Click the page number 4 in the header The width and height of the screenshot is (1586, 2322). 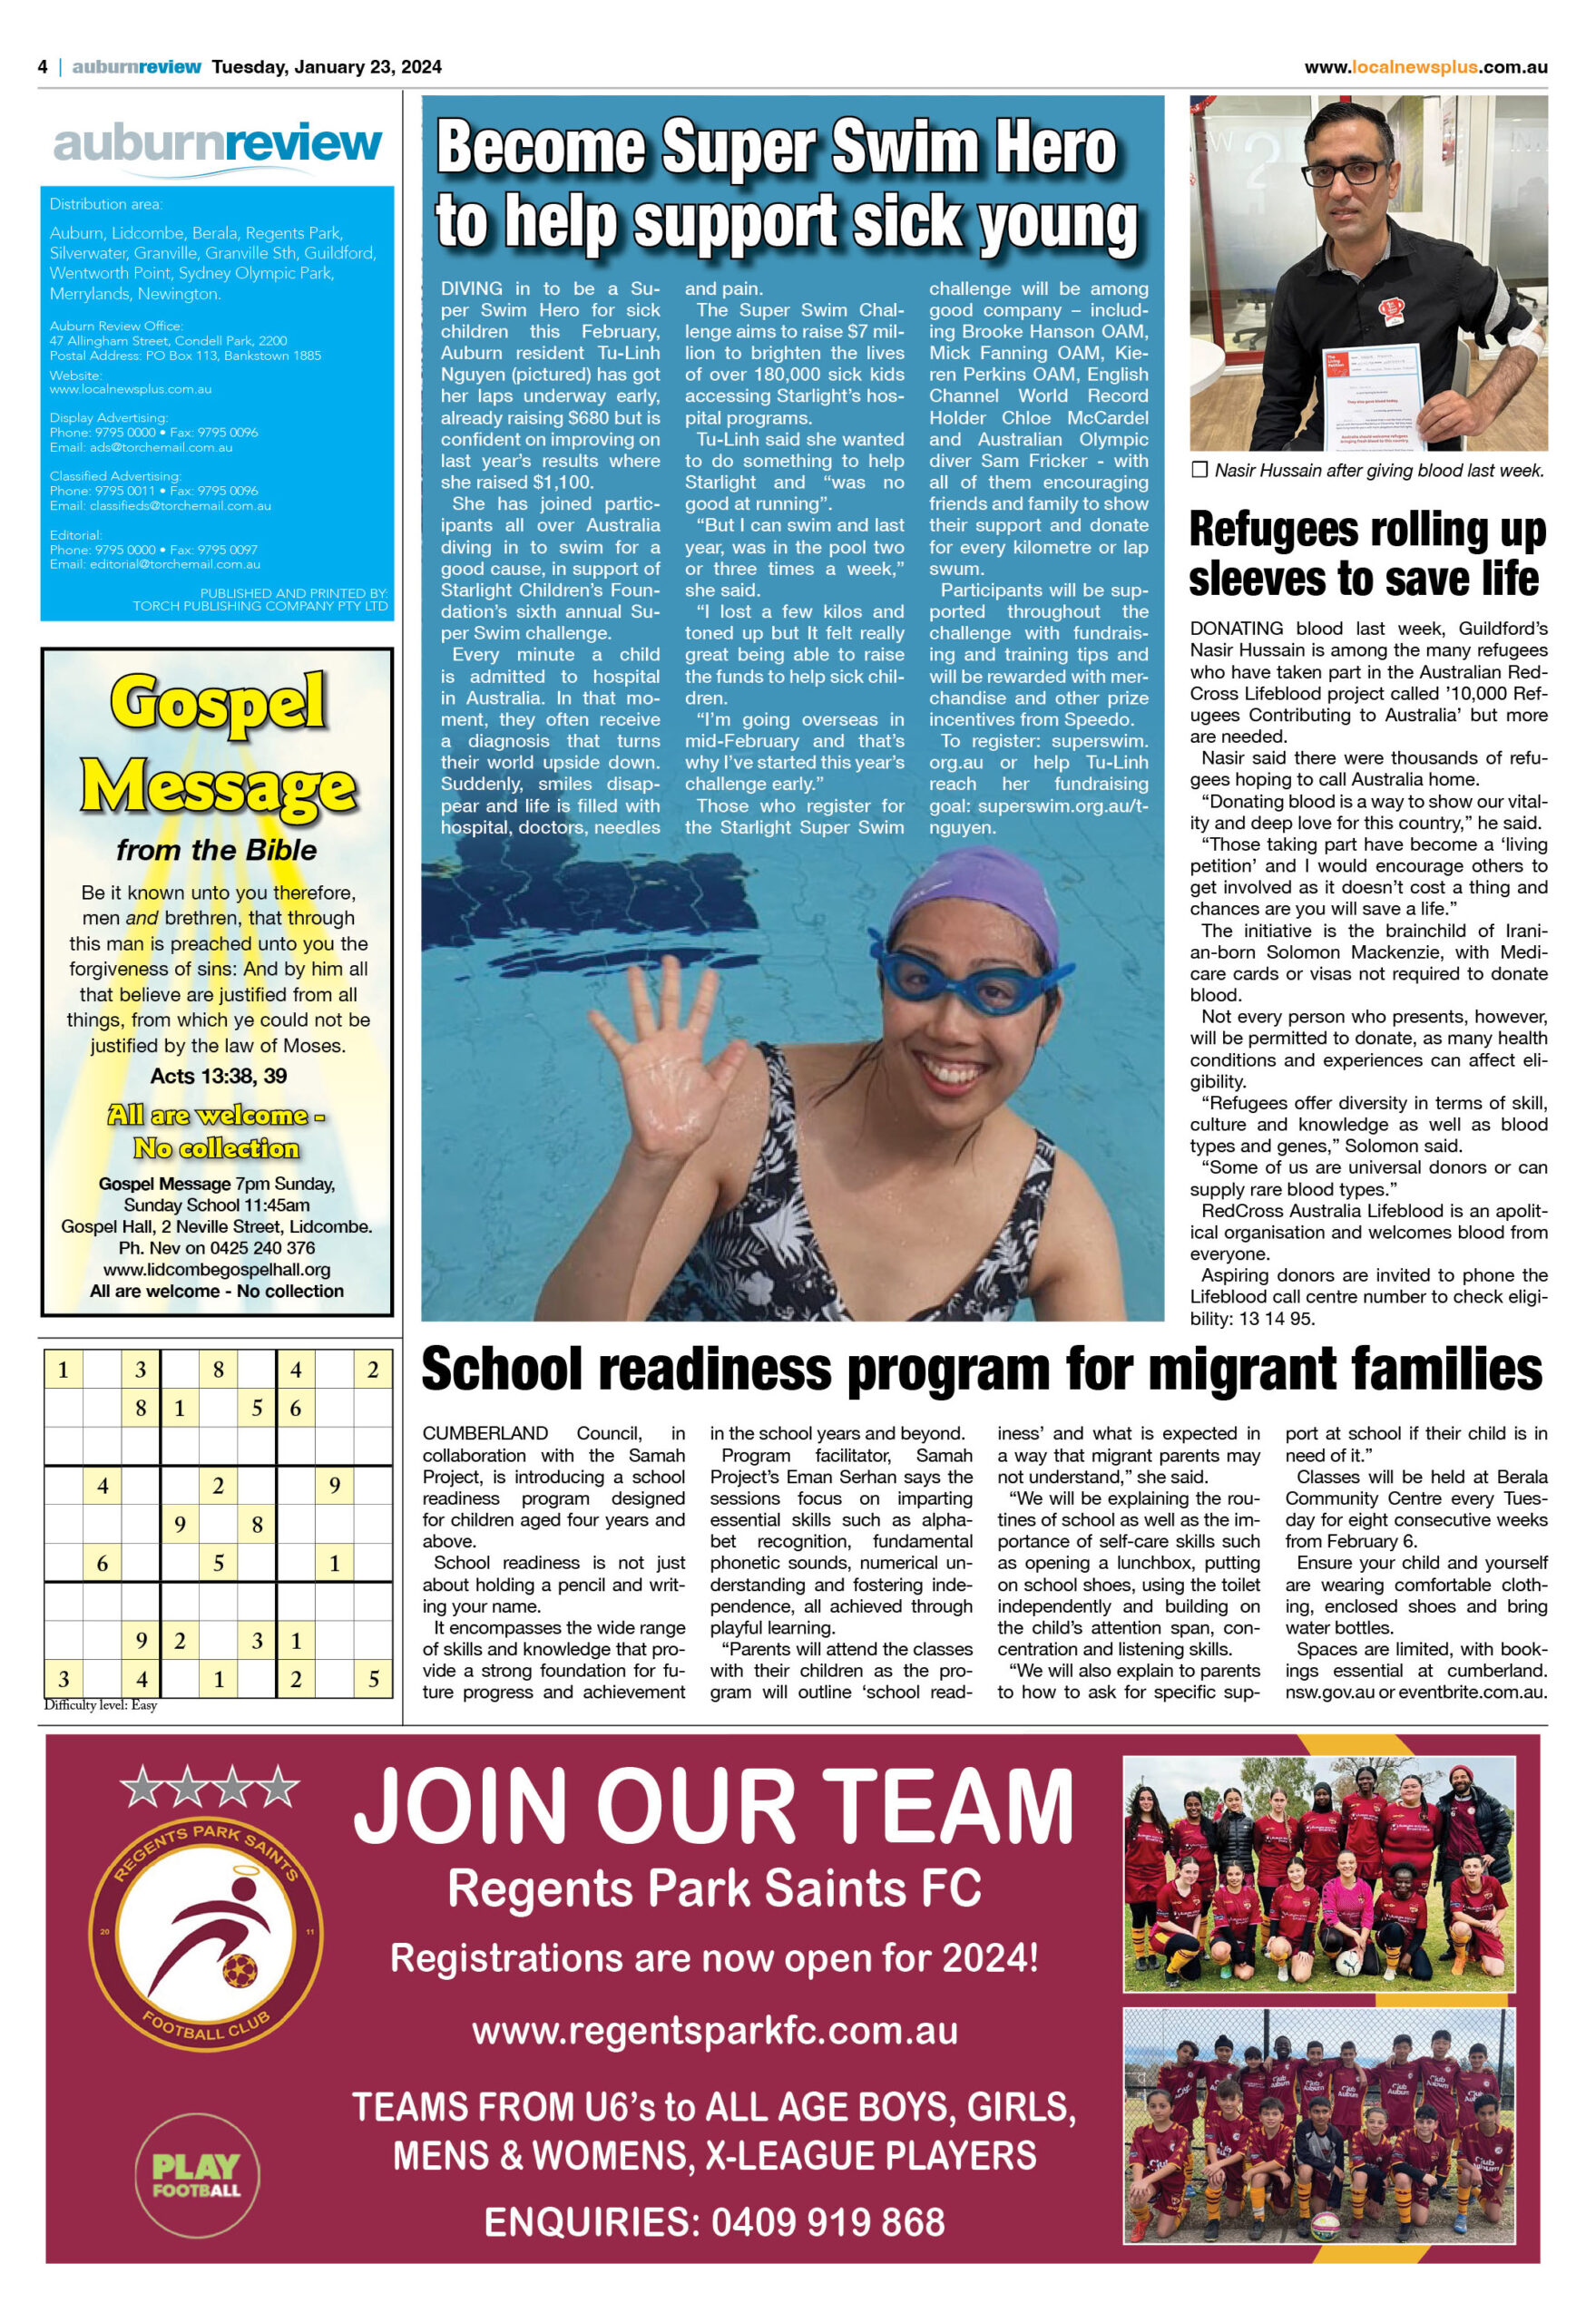point(43,67)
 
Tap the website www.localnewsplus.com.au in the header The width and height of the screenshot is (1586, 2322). point(1425,67)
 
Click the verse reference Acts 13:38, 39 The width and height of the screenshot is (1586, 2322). point(218,1076)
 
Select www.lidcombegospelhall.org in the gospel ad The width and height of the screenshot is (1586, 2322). point(217,1269)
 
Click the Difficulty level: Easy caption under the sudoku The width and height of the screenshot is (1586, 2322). point(101,1704)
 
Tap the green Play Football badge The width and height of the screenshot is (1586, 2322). point(196,2175)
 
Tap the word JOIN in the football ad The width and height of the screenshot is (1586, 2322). point(469,1809)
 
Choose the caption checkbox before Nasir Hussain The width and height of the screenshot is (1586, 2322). point(1200,470)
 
